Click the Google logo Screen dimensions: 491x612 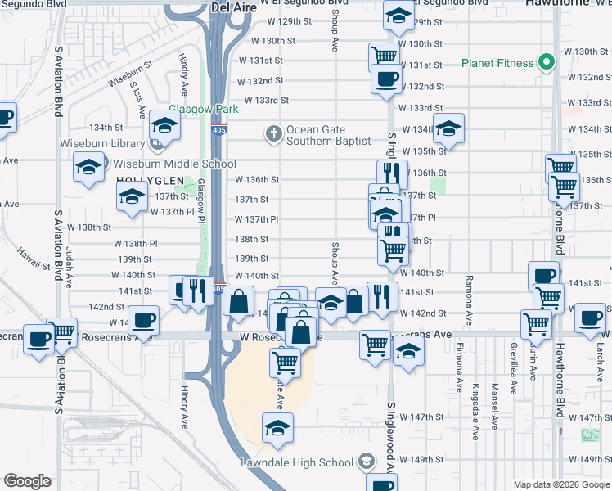coord(28,480)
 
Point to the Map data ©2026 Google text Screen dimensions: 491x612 coord(561,484)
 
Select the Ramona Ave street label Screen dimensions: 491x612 coord(469,303)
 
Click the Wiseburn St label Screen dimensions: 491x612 coord(130,72)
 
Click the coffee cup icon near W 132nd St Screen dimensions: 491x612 coord(386,79)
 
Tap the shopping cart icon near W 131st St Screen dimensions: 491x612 coord(383,56)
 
